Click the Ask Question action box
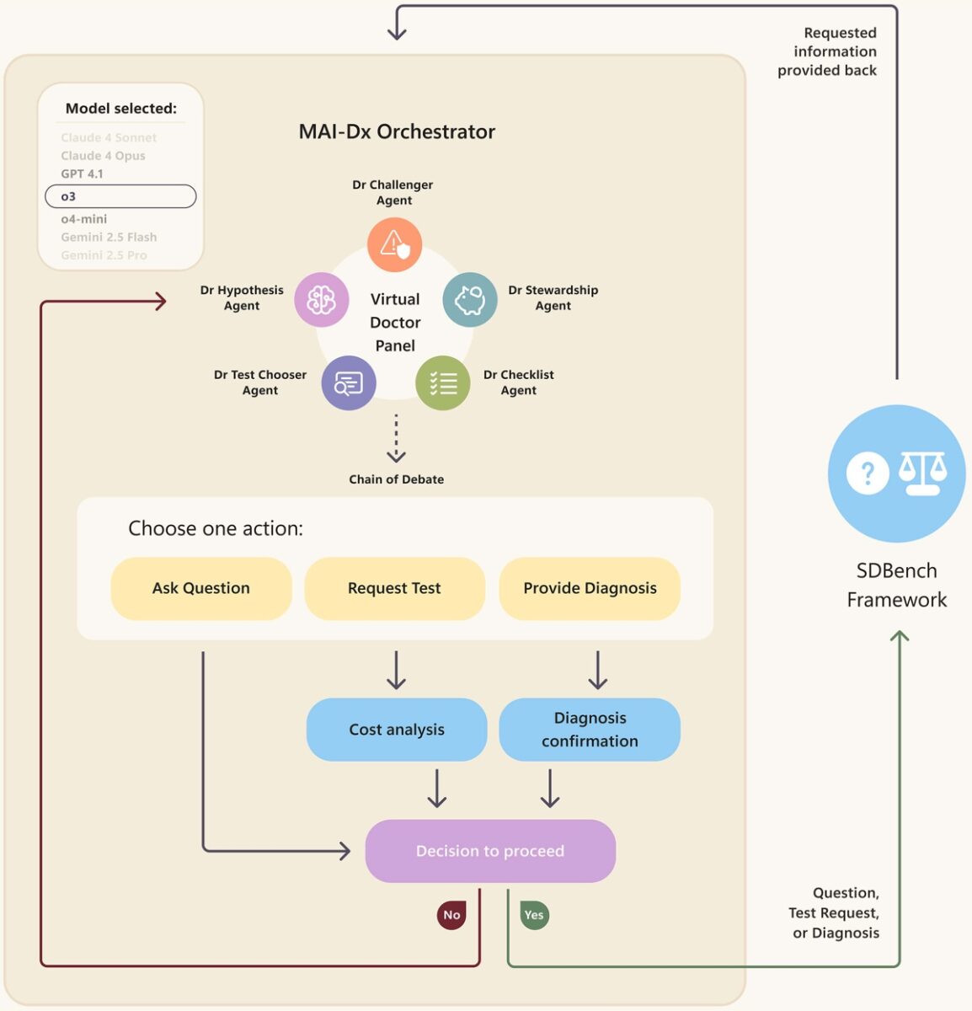pos(201,588)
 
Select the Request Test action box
pos(394,588)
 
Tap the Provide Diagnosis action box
pos(590,588)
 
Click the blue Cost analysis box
pos(397,730)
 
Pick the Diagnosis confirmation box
pos(590,730)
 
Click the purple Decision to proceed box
pos(490,851)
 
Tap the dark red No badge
pos(451,915)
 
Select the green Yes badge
pos(534,915)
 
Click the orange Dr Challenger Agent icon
pos(394,244)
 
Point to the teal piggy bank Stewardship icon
pos(470,299)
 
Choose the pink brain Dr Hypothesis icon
pos(321,299)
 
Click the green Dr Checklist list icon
pos(443,383)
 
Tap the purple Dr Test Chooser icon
pos(348,383)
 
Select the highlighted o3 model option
pos(120,196)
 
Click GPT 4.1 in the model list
pos(82,174)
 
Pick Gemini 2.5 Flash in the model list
pos(109,237)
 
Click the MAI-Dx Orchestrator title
pos(397,131)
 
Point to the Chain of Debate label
pos(396,479)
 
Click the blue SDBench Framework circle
pos(896,473)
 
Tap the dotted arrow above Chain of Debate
pos(396,438)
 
